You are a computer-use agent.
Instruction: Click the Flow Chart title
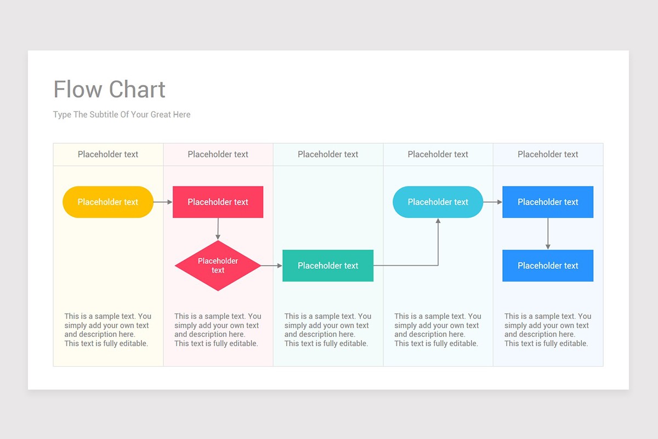click(x=109, y=89)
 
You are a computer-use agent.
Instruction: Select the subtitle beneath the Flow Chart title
click(x=122, y=115)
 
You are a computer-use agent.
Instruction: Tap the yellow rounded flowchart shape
click(x=108, y=202)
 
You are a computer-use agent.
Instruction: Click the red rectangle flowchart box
click(x=218, y=202)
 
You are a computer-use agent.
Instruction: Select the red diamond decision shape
click(x=218, y=266)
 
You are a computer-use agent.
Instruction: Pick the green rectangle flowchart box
click(x=328, y=266)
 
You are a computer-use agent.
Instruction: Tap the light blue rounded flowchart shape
click(x=438, y=202)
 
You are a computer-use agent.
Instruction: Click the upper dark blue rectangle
click(x=548, y=202)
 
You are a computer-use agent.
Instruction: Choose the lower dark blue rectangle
click(x=548, y=266)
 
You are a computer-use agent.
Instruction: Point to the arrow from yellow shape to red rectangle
click(x=163, y=202)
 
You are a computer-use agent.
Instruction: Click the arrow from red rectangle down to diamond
click(x=218, y=229)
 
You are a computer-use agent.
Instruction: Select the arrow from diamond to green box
click(x=271, y=266)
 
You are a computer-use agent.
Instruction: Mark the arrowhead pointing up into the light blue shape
click(x=438, y=221)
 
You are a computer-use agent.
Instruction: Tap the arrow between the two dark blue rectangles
click(x=548, y=234)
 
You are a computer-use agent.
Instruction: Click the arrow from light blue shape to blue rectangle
click(x=493, y=202)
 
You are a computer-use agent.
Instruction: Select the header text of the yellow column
click(x=108, y=154)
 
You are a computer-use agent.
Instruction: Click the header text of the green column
click(x=328, y=154)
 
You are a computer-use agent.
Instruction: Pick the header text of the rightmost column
click(x=548, y=154)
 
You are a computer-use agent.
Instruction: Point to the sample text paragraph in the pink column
click(x=218, y=330)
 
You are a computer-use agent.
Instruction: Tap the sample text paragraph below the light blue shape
click(x=438, y=330)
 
